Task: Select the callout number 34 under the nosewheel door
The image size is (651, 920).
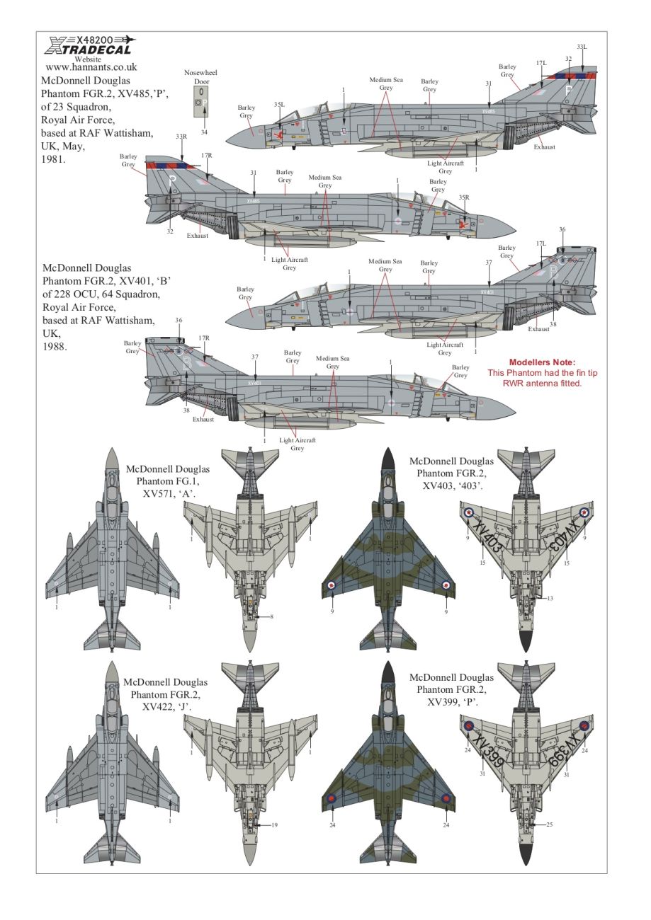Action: tap(204, 132)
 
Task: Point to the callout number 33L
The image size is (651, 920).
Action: tap(581, 47)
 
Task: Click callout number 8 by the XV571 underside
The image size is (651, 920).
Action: tap(271, 617)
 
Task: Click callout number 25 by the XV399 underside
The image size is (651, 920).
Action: tap(550, 824)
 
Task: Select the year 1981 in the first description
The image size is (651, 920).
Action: tap(53, 160)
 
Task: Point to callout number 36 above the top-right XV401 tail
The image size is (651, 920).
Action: tap(562, 229)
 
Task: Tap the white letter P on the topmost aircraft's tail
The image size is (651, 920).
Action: tap(567, 91)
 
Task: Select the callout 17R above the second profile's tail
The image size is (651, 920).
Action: tap(206, 155)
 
